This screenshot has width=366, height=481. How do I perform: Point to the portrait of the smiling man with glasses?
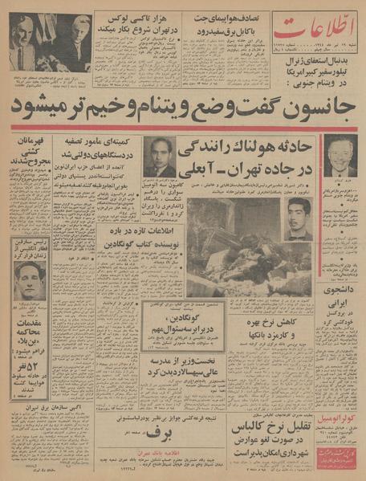340,155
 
